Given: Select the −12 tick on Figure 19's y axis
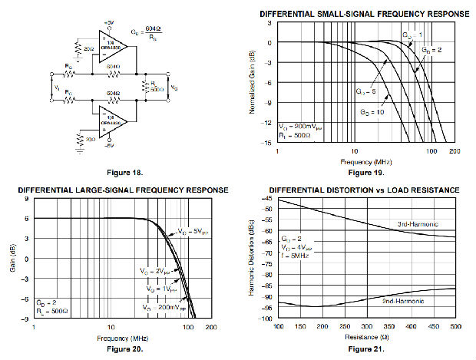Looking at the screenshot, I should (269, 123).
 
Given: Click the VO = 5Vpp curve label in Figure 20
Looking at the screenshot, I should (190, 231).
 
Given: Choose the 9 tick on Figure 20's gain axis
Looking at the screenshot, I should (28, 199).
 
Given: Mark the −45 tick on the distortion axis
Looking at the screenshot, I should (268, 199).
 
